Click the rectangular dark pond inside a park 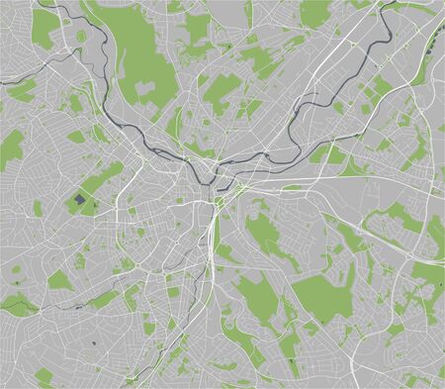[x=79, y=201]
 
